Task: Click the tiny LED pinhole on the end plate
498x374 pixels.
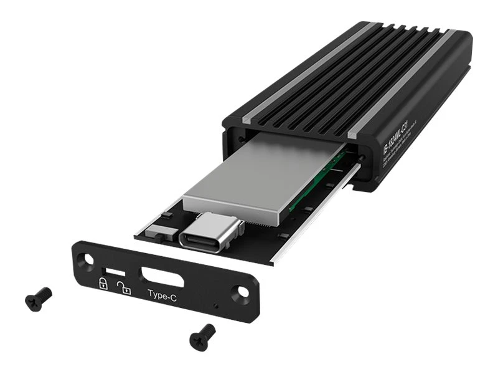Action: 215,306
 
